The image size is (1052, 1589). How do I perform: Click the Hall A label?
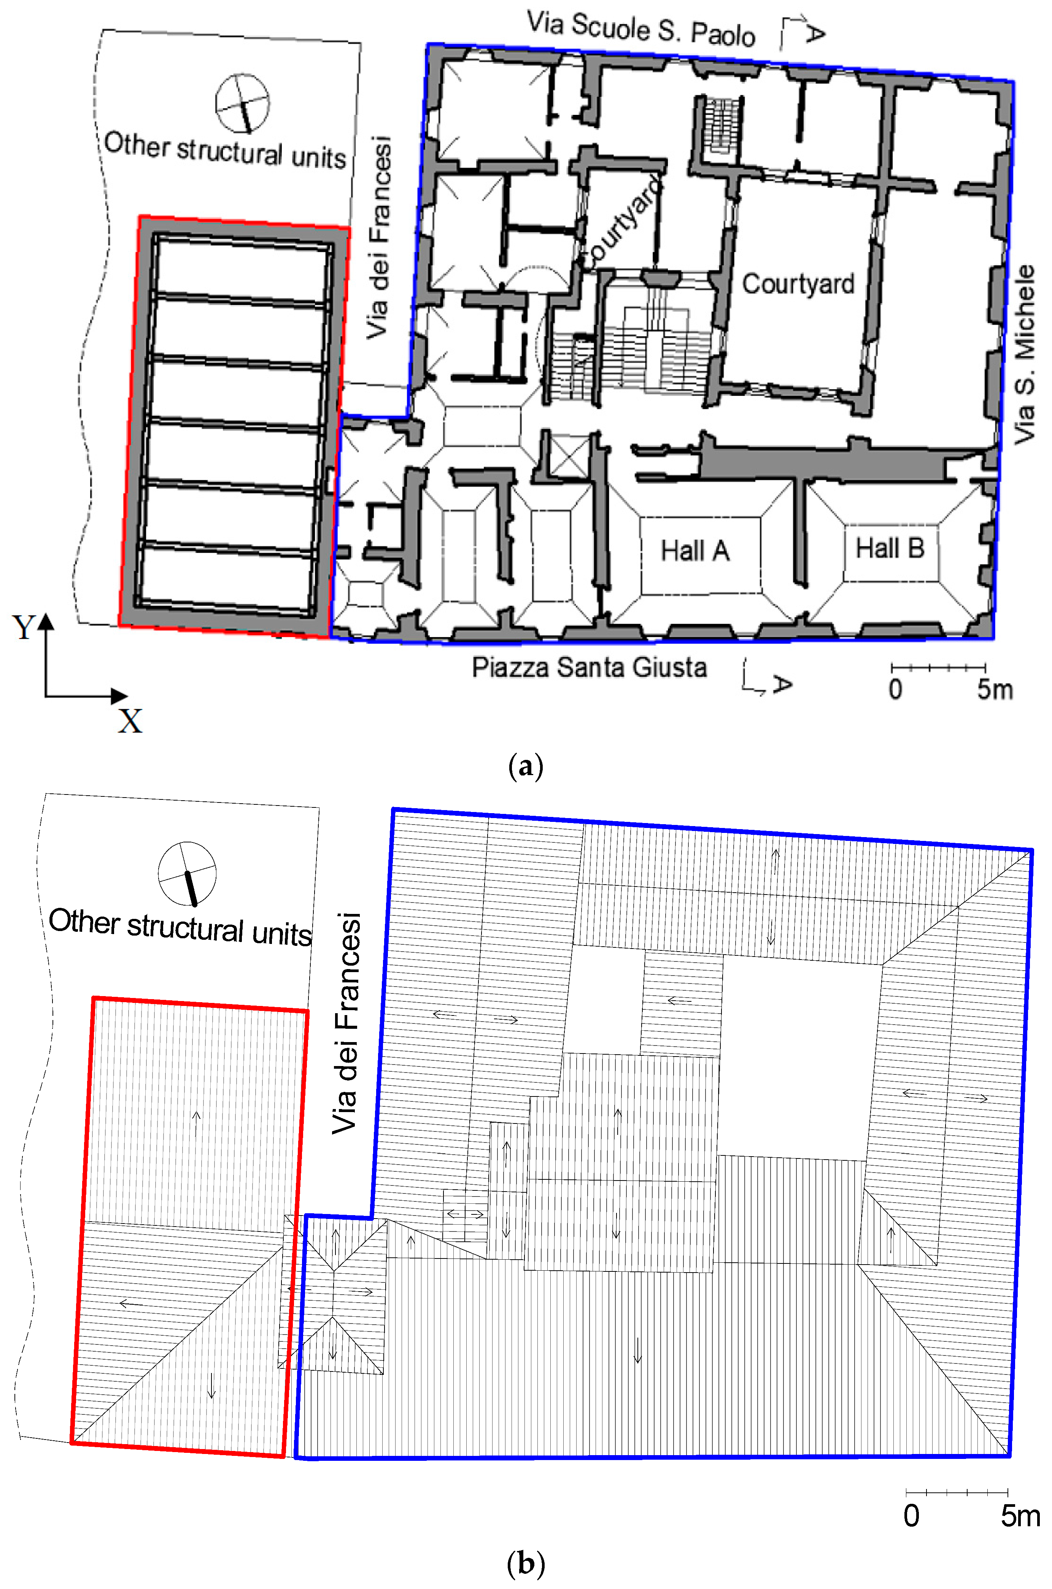tap(694, 551)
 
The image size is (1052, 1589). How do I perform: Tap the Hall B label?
tap(890, 548)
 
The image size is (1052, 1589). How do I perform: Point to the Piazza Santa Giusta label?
tap(589, 667)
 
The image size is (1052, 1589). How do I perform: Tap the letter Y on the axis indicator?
tap(24, 627)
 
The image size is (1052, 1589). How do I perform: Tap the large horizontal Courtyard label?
tap(798, 284)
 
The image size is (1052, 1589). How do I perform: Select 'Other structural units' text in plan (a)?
tap(225, 150)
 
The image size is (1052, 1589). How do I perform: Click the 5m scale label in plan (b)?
tap(1020, 1516)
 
